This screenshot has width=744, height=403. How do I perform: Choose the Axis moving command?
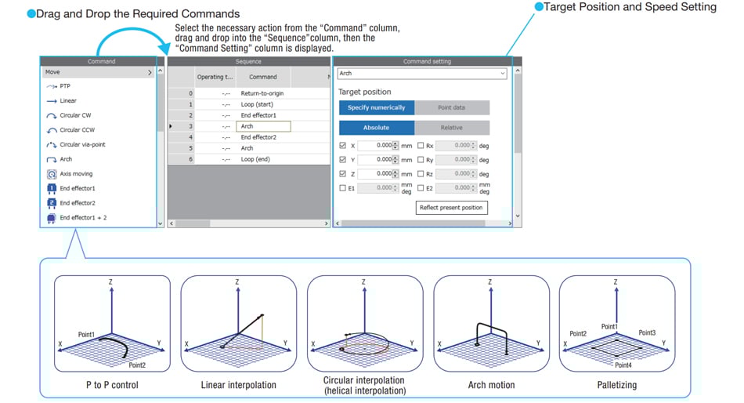click(x=76, y=174)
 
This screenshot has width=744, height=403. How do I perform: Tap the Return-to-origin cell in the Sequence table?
click(x=262, y=93)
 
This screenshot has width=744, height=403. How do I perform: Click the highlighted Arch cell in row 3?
click(x=263, y=126)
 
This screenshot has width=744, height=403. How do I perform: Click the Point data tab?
click(x=452, y=107)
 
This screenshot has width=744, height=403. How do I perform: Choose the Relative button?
click(x=452, y=128)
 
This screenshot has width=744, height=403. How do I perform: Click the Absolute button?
click(x=376, y=128)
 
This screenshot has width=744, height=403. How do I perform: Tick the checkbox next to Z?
click(x=342, y=174)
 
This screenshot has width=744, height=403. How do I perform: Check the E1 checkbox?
click(x=342, y=188)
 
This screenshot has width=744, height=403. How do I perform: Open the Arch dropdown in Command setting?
click(x=422, y=74)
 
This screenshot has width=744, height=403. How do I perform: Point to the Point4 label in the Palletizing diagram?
click(x=623, y=365)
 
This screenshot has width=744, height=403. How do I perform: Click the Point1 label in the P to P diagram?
click(x=86, y=335)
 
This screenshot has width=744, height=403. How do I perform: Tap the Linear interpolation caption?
click(x=238, y=385)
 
